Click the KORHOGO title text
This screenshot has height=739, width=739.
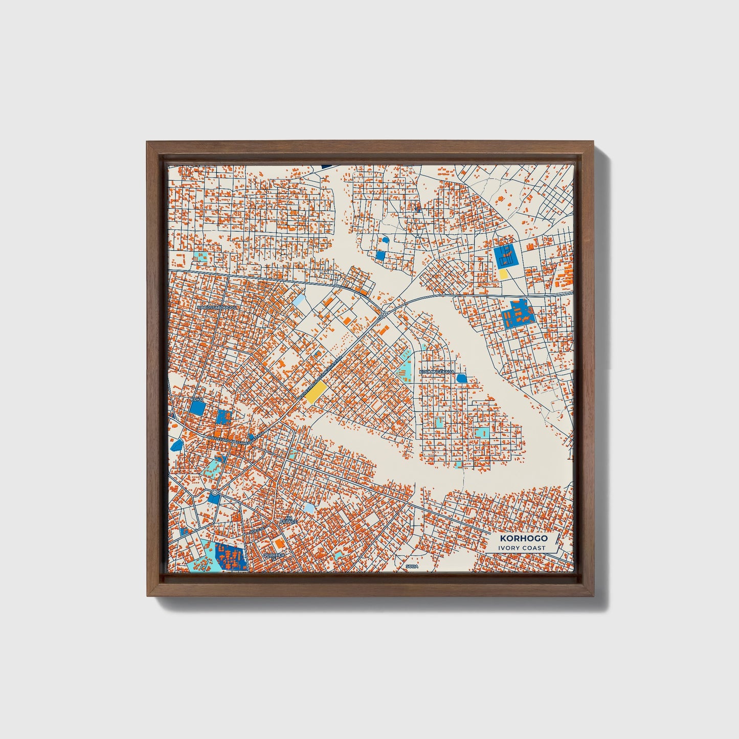524,538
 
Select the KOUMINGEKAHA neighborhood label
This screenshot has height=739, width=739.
436,371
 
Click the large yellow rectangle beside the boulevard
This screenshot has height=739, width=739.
317,393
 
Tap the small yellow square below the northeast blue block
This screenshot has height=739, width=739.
503,274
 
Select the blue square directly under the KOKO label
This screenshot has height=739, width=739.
197,408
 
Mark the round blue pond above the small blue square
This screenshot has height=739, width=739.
386,239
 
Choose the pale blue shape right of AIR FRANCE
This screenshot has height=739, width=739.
309,507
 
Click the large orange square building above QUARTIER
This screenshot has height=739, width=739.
279,542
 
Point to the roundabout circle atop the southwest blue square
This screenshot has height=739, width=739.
214,492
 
